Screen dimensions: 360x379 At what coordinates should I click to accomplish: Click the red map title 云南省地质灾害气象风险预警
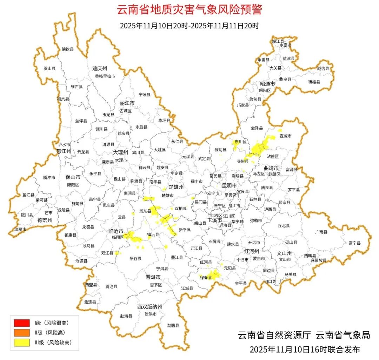[189, 9]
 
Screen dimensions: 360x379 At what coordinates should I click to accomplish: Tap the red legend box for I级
[22, 322]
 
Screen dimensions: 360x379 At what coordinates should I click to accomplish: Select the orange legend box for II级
[22, 332]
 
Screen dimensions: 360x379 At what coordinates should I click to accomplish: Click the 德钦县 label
[68, 49]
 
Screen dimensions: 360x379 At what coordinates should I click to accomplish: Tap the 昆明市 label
[230, 185]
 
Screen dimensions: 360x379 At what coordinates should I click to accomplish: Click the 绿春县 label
[206, 278]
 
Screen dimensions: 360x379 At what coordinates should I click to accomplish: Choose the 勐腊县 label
[173, 325]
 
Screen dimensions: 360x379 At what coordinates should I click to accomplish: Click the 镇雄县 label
[314, 82]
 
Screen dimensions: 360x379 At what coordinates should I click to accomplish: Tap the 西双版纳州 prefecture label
[150, 307]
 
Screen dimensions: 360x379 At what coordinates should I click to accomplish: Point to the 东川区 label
[241, 142]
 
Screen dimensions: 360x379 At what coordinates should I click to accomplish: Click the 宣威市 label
[286, 136]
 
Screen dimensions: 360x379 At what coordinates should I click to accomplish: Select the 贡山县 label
[49, 69]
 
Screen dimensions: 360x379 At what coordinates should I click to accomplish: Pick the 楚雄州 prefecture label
[176, 187]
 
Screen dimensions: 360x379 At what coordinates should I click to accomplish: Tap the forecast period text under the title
[189, 26]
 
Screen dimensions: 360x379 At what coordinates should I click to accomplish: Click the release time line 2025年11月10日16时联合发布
[305, 349]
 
